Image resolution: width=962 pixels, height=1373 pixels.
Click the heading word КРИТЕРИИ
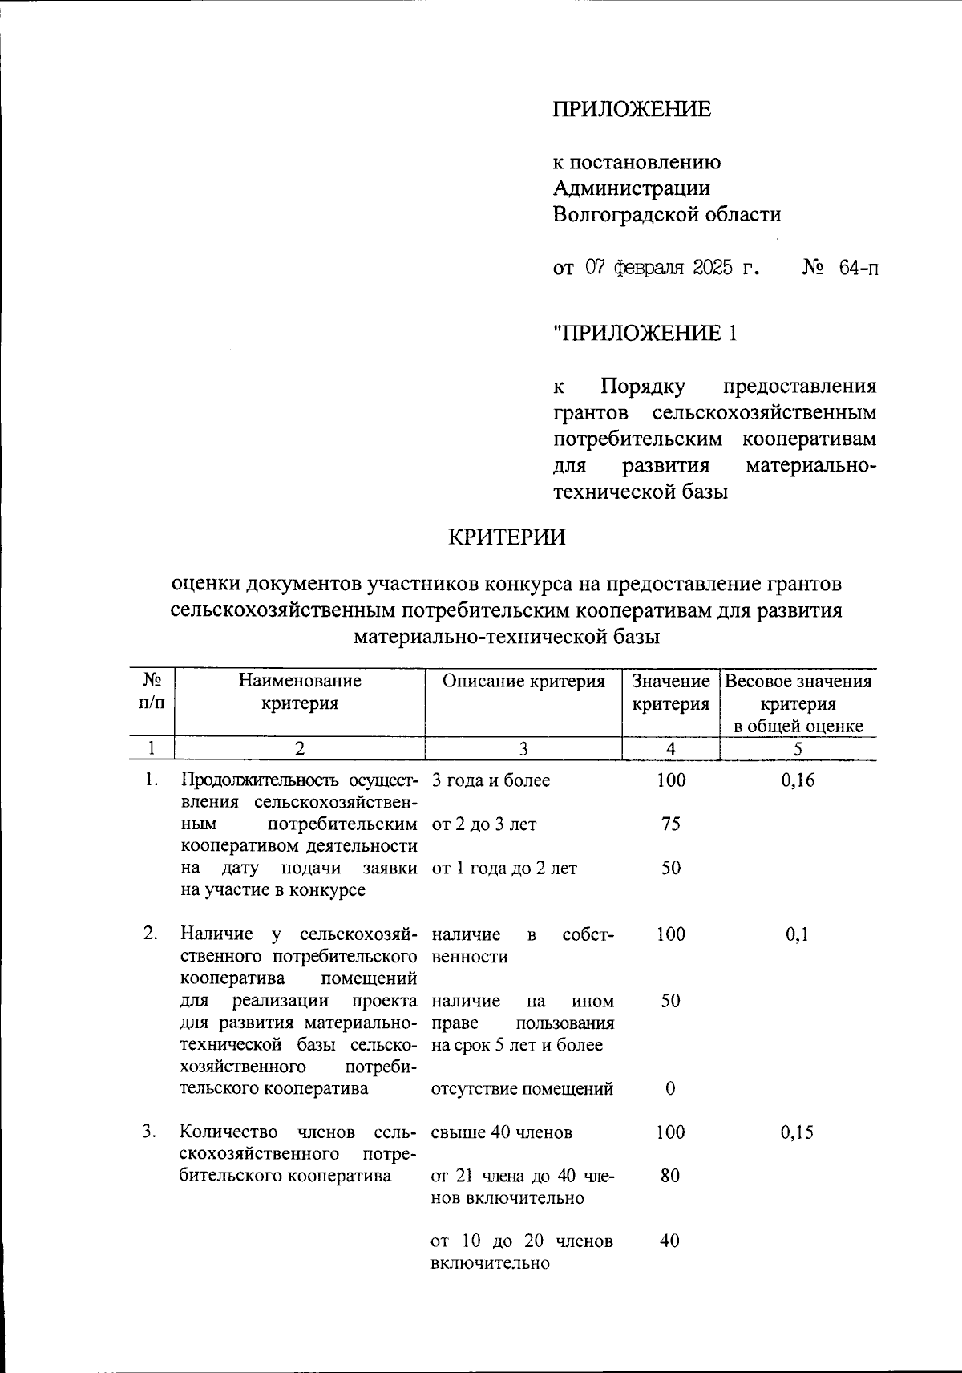506,537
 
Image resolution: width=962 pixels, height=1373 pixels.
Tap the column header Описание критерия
523,682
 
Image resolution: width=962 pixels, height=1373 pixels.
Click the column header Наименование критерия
299,692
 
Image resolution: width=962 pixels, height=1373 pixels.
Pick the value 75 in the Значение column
670,824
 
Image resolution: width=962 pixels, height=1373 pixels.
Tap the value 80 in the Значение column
670,1176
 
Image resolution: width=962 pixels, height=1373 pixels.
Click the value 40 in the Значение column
670,1241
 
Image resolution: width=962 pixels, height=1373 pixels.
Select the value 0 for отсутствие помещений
670,1088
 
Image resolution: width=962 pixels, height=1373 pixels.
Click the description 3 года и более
491,780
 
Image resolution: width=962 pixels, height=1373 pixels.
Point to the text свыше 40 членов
502,1132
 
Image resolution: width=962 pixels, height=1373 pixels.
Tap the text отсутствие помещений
523,1088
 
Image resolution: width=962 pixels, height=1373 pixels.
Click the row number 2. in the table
151,934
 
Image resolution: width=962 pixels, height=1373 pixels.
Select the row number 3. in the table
151,1132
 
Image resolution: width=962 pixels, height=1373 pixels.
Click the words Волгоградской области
667,214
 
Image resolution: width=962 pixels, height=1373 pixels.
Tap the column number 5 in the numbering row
798,748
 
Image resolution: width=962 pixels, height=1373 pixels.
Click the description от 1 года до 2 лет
503,868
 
